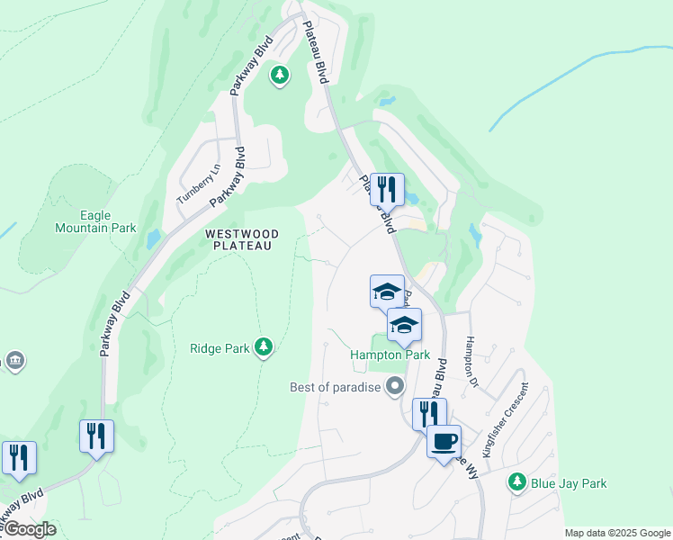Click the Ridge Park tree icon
(263, 346)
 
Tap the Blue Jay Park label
(568, 483)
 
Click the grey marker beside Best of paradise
(394, 387)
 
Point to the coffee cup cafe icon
(444, 441)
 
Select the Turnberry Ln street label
(199, 184)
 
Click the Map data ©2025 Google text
(616, 533)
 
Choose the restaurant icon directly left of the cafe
(429, 414)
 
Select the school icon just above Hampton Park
(404, 325)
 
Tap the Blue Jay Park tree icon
(516, 482)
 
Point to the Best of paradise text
(335, 388)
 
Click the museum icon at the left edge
(14, 361)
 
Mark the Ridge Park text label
(220, 347)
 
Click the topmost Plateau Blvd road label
(314, 52)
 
